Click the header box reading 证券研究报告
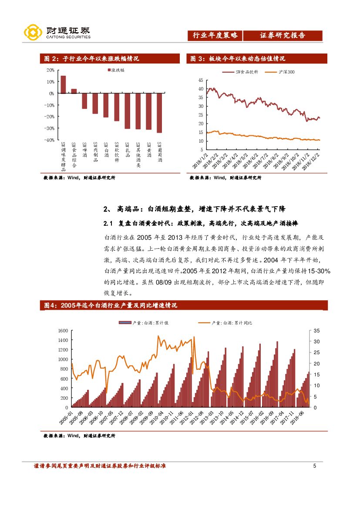tap(283, 36)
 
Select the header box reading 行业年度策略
tap(215, 36)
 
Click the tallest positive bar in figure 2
tap(63, 84)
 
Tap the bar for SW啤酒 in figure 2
tap(84, 101)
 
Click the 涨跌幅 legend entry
tap(115, 70)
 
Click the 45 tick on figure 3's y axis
tap(201, 80)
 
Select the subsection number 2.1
tap(108, 223)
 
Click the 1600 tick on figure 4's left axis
tap(63, 331)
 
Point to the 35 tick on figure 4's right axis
tap(316, 331)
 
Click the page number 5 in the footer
tap(315, 466)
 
